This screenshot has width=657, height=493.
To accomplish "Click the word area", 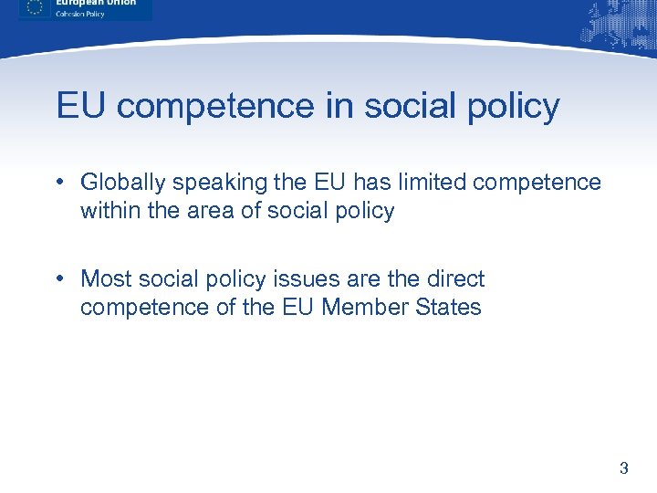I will click(x=214, y=212).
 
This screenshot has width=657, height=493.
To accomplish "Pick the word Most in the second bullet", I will click(x=105, y=278).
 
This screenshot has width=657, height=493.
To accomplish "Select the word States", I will click(x=447, y=307).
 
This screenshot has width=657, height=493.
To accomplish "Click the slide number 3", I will click(x=624, y=469).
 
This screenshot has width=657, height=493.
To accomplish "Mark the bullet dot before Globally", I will click(x=58, y=181).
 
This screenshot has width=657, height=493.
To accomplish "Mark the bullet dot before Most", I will click(x=58, y=278).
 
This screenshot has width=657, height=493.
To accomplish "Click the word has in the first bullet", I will click(x=350, y=182).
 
